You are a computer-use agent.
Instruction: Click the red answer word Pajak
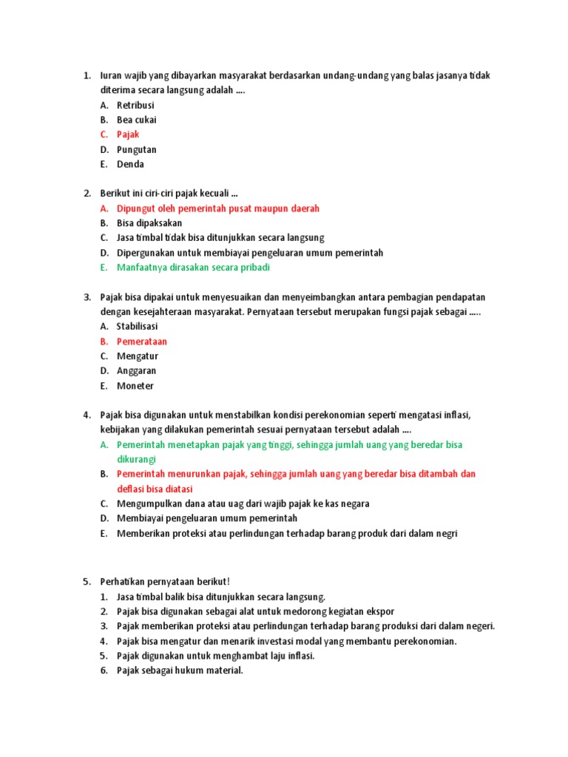(128, 135)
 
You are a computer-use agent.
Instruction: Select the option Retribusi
(135, 105)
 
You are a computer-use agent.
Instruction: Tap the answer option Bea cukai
(137, 120)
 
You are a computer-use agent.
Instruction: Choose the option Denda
(130, 164)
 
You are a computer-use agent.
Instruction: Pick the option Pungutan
(137, 149)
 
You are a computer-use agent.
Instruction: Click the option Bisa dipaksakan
(149, 223)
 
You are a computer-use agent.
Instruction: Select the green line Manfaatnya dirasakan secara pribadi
(194, 268)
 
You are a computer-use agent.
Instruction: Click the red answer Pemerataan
(142, 342)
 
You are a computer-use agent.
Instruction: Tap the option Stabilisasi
(138, 326)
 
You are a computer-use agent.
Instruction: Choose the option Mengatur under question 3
(138, 356)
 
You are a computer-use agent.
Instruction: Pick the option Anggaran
(137, 371)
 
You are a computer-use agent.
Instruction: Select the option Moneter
(135, 386)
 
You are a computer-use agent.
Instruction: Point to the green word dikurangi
(135, 459)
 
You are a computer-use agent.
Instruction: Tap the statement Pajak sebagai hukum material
(180, 671)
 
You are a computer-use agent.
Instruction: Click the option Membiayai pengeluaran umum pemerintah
(207, 518)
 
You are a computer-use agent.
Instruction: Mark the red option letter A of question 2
(104, 208)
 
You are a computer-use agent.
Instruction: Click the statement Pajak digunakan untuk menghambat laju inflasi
(216, 656)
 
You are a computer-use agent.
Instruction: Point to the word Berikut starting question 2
(115, 194)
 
